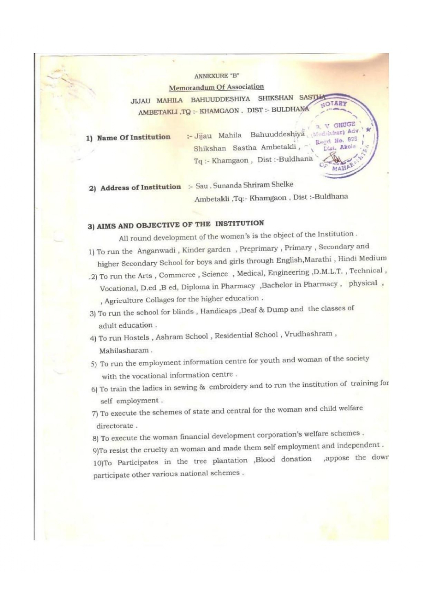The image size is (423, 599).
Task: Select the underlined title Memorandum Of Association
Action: (x=216, y=87)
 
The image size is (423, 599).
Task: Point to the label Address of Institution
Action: (x=140, y=187)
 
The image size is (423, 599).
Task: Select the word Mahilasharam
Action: (x=124, y=351)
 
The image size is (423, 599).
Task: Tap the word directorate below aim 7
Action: (x=115, y=426)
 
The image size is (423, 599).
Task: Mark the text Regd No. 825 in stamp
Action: (x=336, y=140)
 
